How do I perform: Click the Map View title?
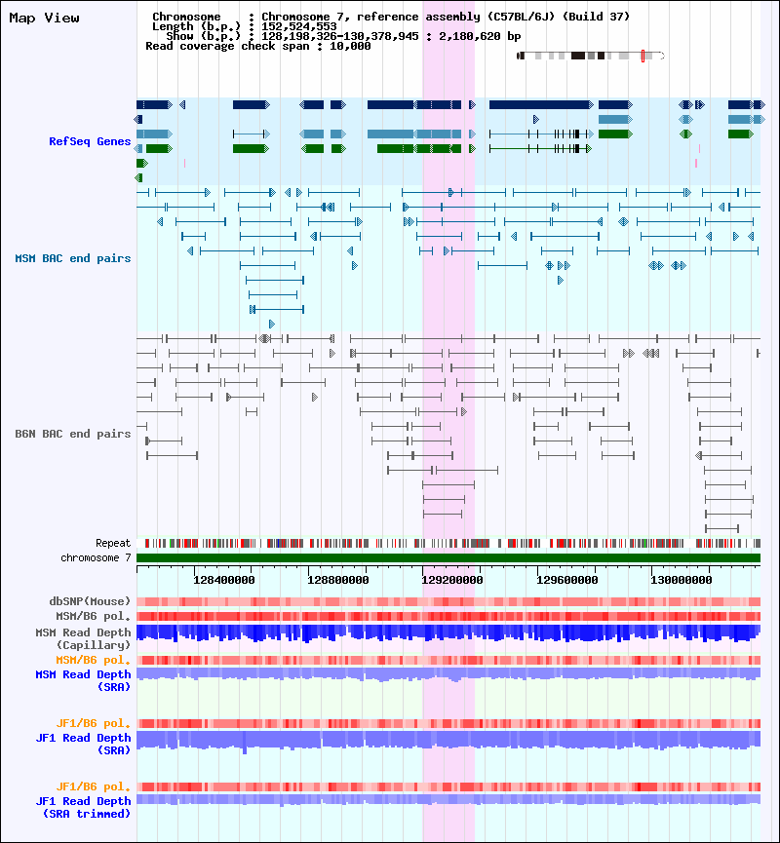coord(44,18)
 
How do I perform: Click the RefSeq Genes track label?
coord(90,141)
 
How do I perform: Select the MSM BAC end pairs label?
coord(73,258)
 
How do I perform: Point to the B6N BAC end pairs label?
coord(73,434)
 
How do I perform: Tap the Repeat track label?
coord(113,543)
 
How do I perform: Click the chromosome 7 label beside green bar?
coord(96,558)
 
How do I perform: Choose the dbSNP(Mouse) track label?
coord(90,601)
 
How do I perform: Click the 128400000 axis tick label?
coord(224,580)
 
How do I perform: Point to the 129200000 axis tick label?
coord(451,580)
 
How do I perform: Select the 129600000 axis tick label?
coord(567,580)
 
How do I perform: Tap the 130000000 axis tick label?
coord(681,580)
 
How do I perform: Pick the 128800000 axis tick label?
coord(337,580)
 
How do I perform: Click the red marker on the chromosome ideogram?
coord(643,56)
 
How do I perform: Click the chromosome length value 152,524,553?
coord(299,26)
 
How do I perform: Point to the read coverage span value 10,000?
coord(350,46)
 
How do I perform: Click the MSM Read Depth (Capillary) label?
coord(84,638)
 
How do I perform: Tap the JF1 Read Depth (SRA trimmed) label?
coord(84,808)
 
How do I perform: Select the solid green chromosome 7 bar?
coord(448,558)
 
